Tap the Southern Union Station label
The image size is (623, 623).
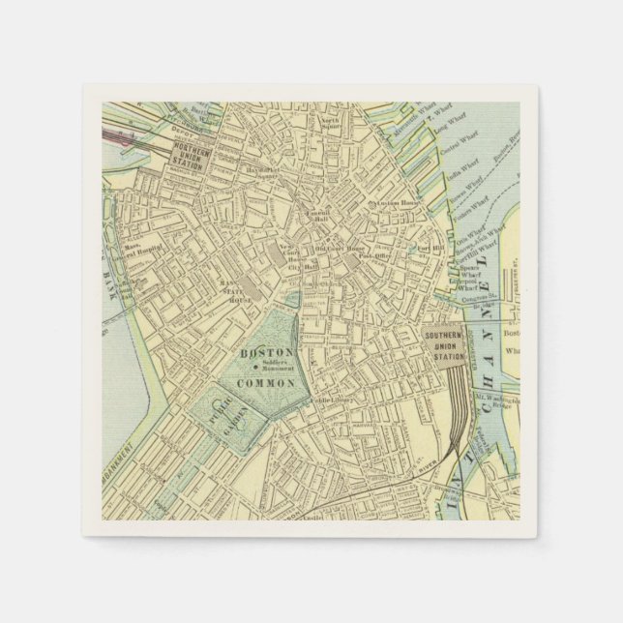click(445, 345)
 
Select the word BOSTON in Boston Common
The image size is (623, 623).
click(261, 353)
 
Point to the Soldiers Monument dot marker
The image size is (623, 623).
click(254, 368)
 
